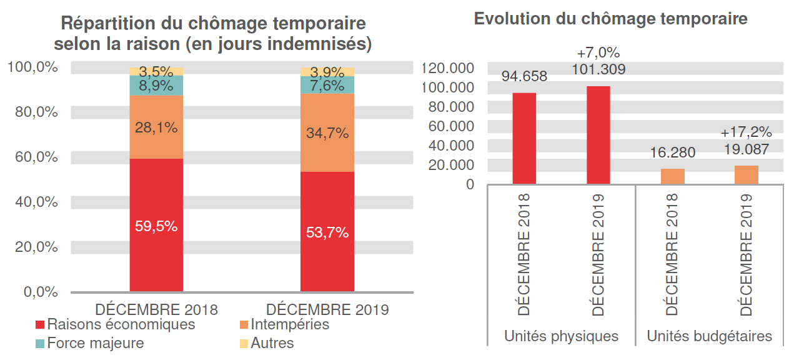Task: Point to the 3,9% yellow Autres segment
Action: pyautogui.click(x=327, y=71)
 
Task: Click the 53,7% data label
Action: pyautogui.click(x=327, y=232)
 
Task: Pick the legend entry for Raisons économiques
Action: pyautogui.click(x=115, y=325)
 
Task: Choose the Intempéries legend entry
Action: pyautogui.click(x=284, y=325)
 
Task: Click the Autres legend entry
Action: pyautogui.click(x=267, y=343)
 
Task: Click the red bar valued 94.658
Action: pyautogui.click(x=524, y=139)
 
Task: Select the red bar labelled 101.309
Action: pyautogui.click(x=598, y=136)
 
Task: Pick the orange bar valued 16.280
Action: pyautogui.click(x=673, y=176)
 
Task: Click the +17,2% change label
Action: pyautogui.click(x=747, y=132)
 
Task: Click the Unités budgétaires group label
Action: pyautogui.click(x=709, y=336)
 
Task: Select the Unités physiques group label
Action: pyautogui.click(x=561, y=336)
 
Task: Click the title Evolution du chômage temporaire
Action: pyautogui.click(x=610, y=19)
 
